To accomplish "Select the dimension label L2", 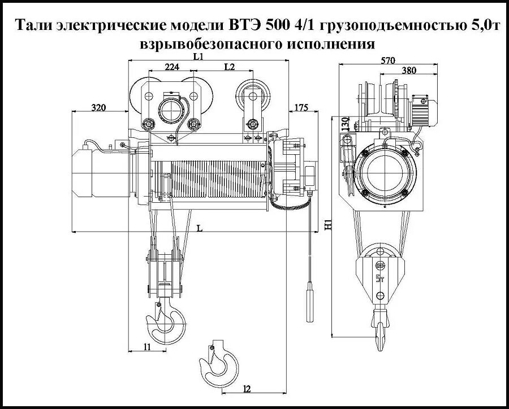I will pyautogui.click(x=230, y=67).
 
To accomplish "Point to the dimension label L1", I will pyautogui.click(x=199, y=56).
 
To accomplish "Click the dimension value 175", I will pyautogui.click(x=302, y=107).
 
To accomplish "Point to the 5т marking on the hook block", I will pyautogui.click(x=379, y=279).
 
